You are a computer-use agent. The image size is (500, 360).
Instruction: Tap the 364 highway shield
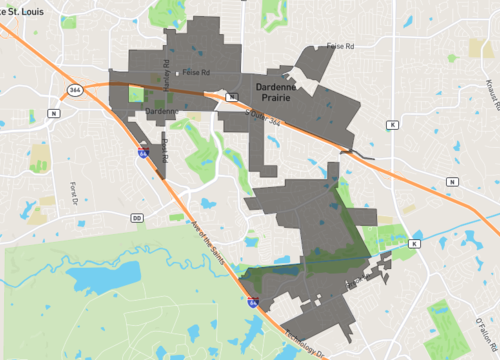pos(76,90)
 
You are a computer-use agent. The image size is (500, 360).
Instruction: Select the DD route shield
pos(136,217)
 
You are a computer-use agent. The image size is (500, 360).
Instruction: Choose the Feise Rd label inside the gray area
pos(196,73)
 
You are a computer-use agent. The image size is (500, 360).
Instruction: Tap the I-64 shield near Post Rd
pos(143,153)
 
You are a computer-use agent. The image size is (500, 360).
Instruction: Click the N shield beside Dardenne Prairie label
pos(231,97)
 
